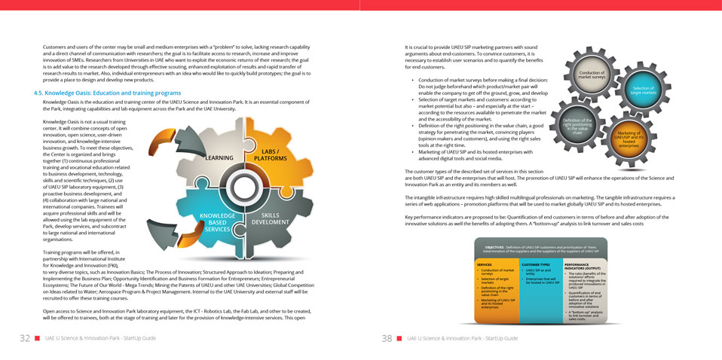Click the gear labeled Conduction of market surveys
point(592,75)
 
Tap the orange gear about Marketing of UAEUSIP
point(629,139)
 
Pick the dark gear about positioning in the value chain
point(578,124)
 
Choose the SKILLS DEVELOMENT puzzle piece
point(269,218)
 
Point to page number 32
point(25,338)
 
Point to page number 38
point(387,338)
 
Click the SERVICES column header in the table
point(489,264)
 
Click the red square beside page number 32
point(38,338)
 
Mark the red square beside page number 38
point(399,338)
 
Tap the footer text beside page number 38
point(462,338)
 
